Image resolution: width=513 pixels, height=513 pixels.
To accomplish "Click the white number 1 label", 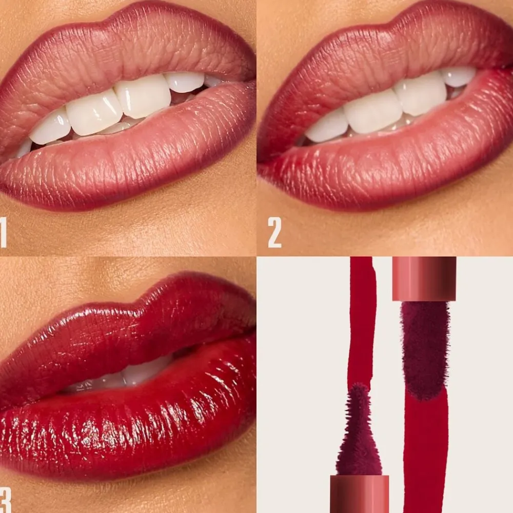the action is point(3,232).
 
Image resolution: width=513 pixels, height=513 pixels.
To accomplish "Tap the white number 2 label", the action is point(274,232).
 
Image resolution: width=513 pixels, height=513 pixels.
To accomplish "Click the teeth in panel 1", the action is point(118,108).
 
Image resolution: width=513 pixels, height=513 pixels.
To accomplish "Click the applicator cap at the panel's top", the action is point(424,279).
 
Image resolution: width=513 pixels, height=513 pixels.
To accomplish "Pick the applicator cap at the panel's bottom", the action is point(360,494).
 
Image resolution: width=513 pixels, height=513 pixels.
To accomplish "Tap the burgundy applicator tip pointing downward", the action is point(425,350).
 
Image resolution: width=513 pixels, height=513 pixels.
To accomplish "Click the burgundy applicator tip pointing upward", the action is point(359,432).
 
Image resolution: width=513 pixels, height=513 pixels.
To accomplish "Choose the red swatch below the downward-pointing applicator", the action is point(426,451).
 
